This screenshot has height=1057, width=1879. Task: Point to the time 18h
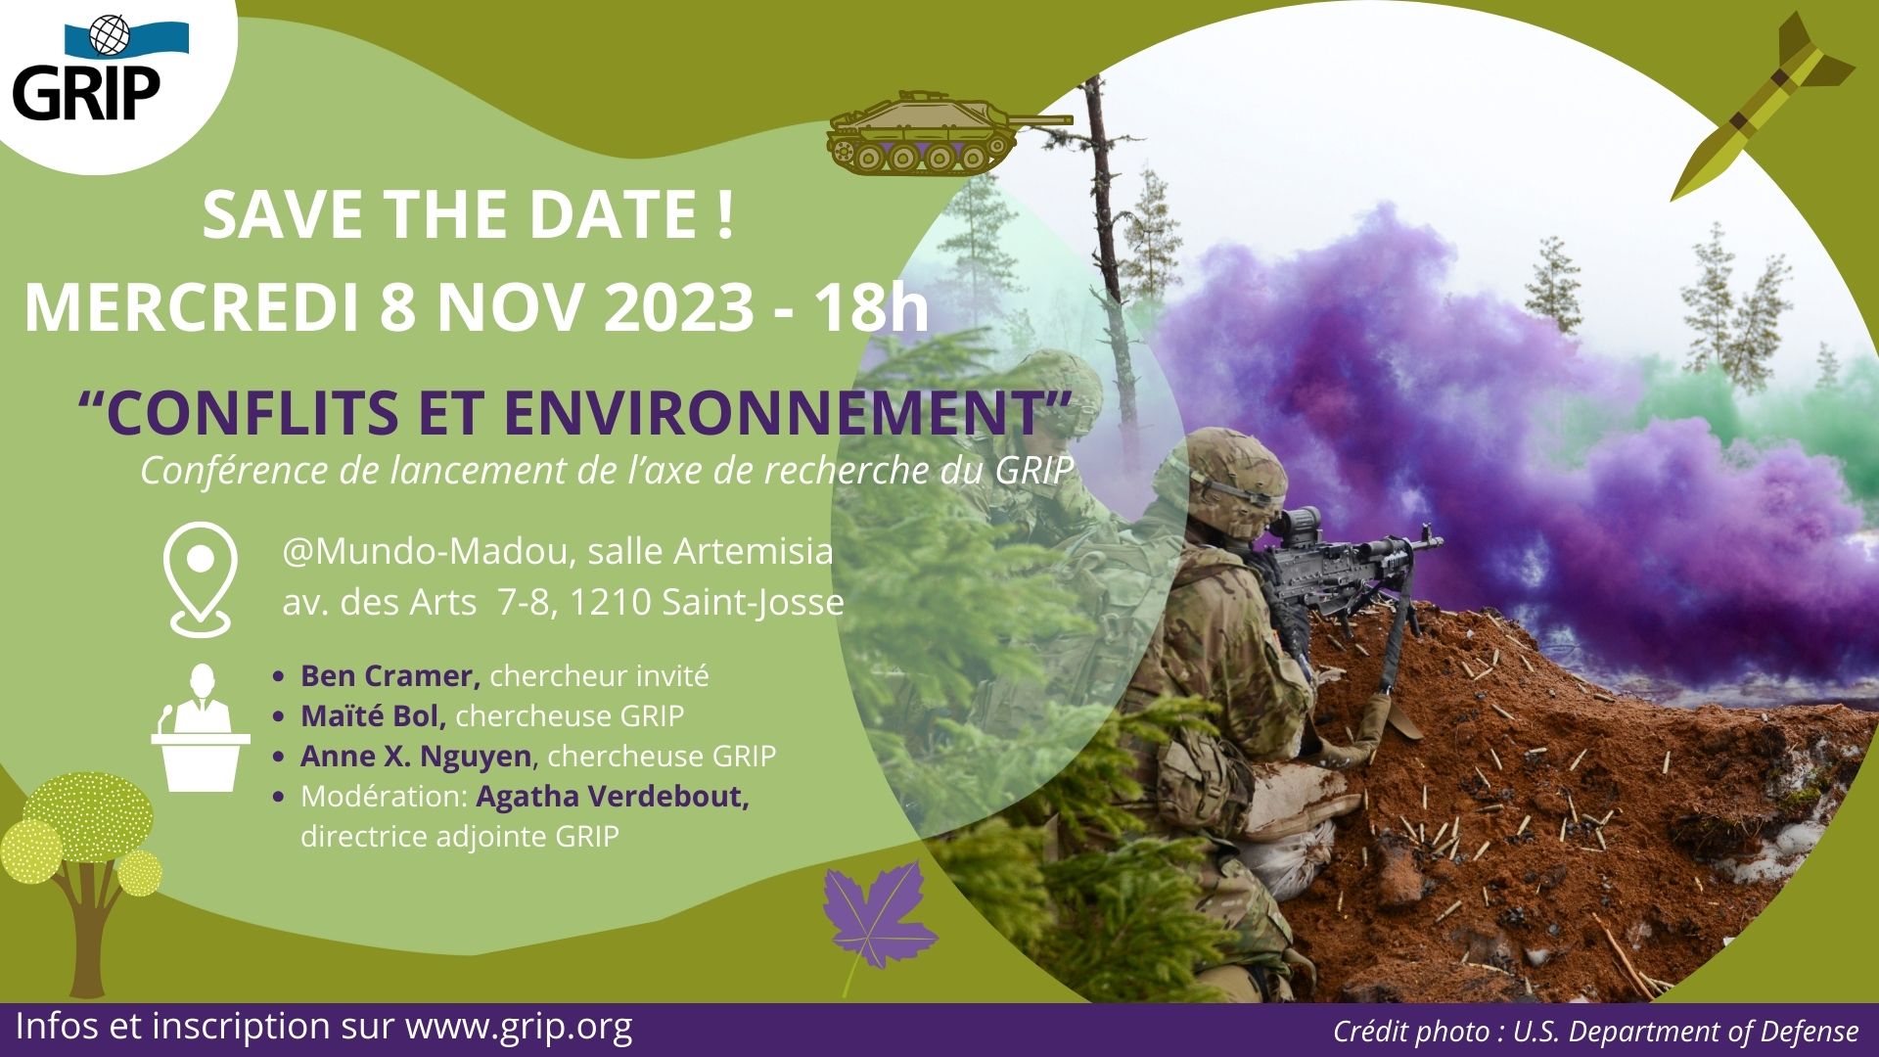tap(872, 307)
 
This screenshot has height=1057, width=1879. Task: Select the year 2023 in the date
tap(678, 307)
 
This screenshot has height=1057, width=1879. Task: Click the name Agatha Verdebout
tap(613, 797)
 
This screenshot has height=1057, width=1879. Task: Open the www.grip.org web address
tap(519, 1027)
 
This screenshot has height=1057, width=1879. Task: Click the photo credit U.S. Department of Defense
tap(1685, 1032)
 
